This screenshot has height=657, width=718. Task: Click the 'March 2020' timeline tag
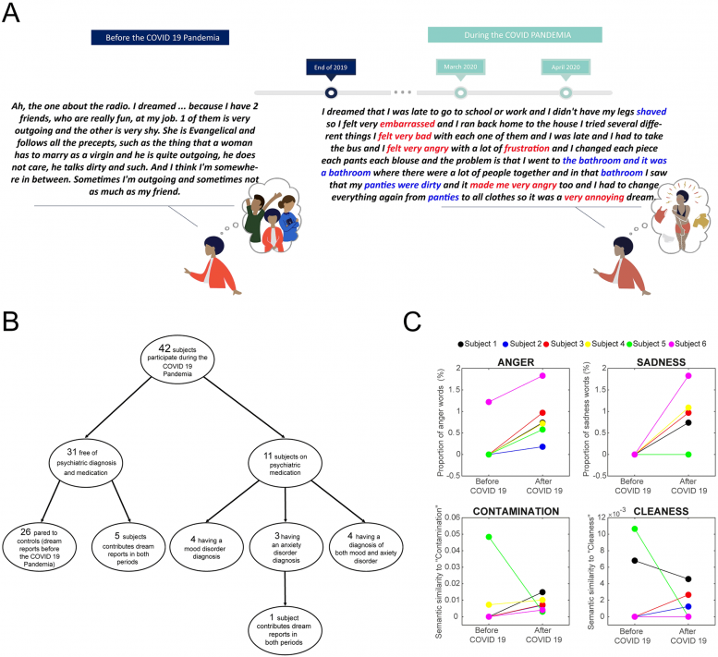460,66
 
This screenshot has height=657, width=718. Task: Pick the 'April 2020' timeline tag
565,66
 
